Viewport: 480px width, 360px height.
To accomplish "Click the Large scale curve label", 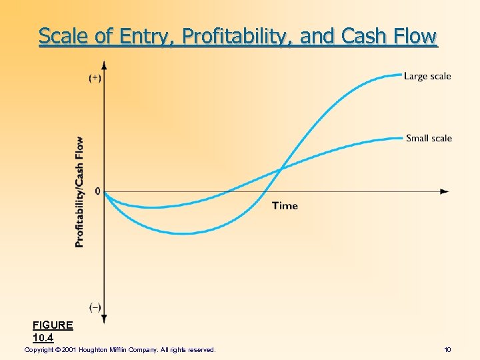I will pos(427,76).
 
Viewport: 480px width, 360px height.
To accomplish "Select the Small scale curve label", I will pos(429,138).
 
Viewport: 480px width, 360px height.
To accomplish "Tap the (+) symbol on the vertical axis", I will pos(95,77).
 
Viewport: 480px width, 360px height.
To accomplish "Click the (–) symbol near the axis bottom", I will pos(95,307).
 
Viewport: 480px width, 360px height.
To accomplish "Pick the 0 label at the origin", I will pos(98,191).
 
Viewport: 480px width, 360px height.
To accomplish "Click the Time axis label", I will pos(285,205).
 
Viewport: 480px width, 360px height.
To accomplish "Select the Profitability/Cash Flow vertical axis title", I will pos(80,192).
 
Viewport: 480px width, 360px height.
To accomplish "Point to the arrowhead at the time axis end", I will pos(445,191).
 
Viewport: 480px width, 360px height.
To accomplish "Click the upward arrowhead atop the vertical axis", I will pos(105,65).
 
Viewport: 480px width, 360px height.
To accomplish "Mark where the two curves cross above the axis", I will pos(281,168).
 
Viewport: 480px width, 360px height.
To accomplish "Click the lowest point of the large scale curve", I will pos(183,233).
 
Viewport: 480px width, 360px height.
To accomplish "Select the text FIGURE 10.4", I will pos(53,331).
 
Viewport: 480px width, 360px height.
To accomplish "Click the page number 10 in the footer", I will pos(447,349).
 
